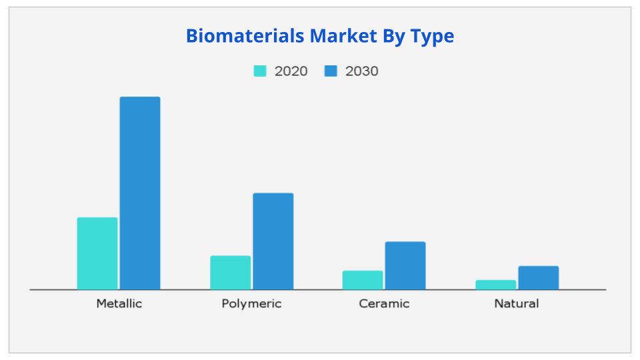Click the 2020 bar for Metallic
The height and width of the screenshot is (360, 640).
coord(97,253)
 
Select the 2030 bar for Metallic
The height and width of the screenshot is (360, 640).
coord(140,193)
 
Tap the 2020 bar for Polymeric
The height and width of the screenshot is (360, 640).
coord(231,273)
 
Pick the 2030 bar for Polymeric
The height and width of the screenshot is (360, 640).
coord(273,241)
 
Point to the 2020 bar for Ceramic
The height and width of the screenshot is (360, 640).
coord(363,280)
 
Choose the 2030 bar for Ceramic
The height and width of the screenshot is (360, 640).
coord(405,265)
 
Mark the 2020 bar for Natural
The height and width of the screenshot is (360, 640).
coord(495,285)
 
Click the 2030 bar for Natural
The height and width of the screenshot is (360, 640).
coord(538,278)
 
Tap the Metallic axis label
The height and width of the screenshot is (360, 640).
coord(119,304)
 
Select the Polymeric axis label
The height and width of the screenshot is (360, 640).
coord(251,304)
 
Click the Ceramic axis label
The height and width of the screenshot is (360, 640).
coord(384,304)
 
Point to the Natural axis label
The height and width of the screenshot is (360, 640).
coord(517,304)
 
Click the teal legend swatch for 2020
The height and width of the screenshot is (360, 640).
coord(260,71)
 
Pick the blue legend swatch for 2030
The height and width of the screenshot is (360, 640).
coord(331,71)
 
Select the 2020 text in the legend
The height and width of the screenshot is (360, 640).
coord(291,71)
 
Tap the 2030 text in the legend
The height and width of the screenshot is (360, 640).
coord(361,71)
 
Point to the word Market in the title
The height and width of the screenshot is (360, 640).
coord(337,36)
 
